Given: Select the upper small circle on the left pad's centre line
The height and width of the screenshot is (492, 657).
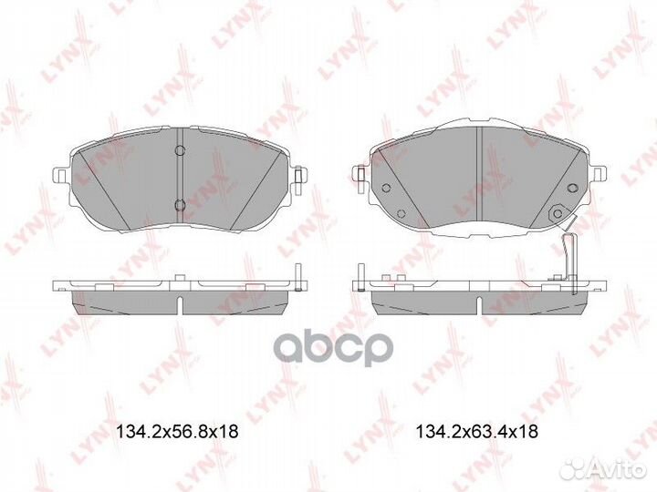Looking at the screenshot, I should click(180, 149).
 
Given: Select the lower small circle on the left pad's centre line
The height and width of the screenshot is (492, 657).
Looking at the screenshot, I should click(180, 202).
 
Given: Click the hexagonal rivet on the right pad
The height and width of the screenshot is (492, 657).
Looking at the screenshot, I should click(553, 213).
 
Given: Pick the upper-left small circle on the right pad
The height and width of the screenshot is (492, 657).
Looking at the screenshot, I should click(386, 189).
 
